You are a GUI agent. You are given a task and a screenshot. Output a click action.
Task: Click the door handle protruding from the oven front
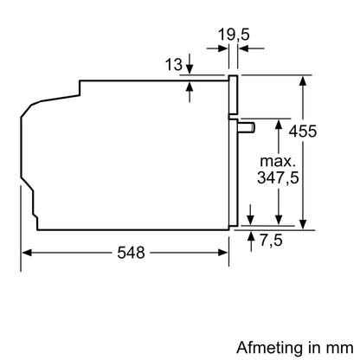[247, 127]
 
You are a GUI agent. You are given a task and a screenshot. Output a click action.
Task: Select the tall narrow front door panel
[233, 151]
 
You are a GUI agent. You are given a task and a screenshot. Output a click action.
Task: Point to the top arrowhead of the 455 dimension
[303, 80]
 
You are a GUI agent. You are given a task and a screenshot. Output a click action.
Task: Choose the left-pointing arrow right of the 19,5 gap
[243, 49]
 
